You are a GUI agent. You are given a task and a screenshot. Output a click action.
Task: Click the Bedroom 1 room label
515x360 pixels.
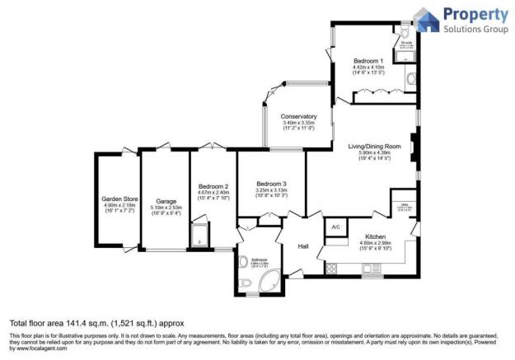[368, 62]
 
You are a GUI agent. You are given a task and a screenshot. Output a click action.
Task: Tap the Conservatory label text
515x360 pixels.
[297, 116]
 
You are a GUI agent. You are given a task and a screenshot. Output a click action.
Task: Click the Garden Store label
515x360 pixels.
[118, 199]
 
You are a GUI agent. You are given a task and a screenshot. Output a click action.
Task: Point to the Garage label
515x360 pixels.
[167, 202]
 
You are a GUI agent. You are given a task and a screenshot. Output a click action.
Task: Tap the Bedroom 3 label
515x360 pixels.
[271, 184]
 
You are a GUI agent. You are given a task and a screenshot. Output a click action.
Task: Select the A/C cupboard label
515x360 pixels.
[335, 227]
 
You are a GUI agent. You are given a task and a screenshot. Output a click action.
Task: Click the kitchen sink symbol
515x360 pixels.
[372, 269]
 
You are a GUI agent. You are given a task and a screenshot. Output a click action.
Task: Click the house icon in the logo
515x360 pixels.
[424, 20]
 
